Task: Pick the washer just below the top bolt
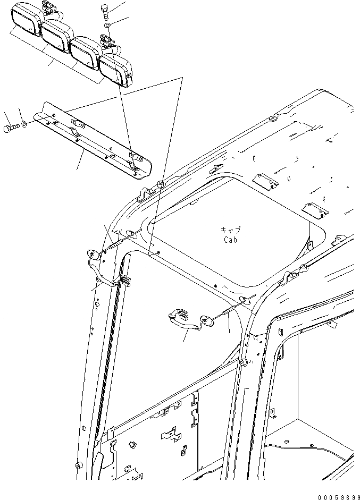pyautogui.click(x=108, y=25)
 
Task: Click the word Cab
pyautogui.click(x=230, y=240)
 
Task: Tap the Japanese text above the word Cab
pyautogui.click(x=230, y=230)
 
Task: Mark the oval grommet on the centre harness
pyautogui.click(x=206, y=320)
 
